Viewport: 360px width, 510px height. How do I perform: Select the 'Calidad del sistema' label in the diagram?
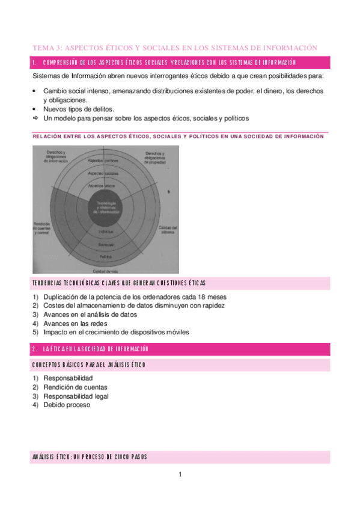tap(166, 230)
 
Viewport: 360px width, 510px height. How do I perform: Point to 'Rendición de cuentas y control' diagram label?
tap(43, 229)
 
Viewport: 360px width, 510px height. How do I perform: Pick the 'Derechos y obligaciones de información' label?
tap(56, 156)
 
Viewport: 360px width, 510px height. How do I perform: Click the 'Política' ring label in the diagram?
tap(106, 256)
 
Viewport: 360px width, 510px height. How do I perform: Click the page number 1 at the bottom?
tap(180, 475)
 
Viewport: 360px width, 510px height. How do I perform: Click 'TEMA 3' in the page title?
tap(46, 48)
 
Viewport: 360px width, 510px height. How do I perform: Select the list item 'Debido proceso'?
tap(66, 405)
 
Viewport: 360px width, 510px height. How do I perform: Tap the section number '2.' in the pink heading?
tap(35, 349)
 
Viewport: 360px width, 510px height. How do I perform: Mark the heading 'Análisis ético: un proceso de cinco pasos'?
tap(90, 457)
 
